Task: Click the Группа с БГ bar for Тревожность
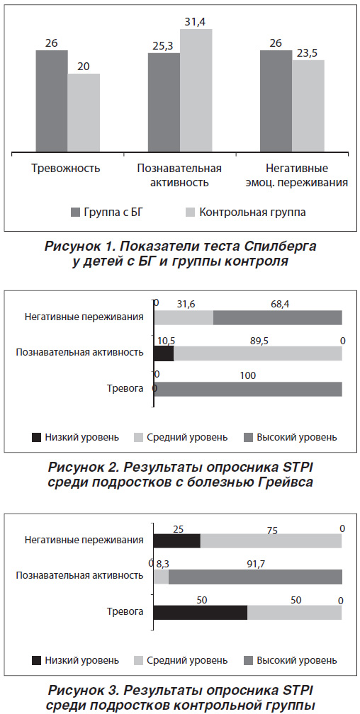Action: click(x=52, y=101)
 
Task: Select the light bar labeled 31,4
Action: click(x=196, y=91)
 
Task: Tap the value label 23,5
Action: click(x=308, y=53)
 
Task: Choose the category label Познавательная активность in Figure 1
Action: click(x=179, y=176)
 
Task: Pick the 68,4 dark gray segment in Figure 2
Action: click(x=278, y=317)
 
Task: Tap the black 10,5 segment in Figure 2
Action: click(x=164, y=353)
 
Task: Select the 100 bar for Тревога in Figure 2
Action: click(x=248, y=390)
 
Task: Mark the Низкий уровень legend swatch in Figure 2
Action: click(x=36, y=438)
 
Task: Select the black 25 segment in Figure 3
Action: click(x=176, y=541)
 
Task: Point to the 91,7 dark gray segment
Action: click(x=255, y=577)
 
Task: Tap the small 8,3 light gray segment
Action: click(x=162, y=577)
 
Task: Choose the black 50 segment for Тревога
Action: click(x=201, y=613)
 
